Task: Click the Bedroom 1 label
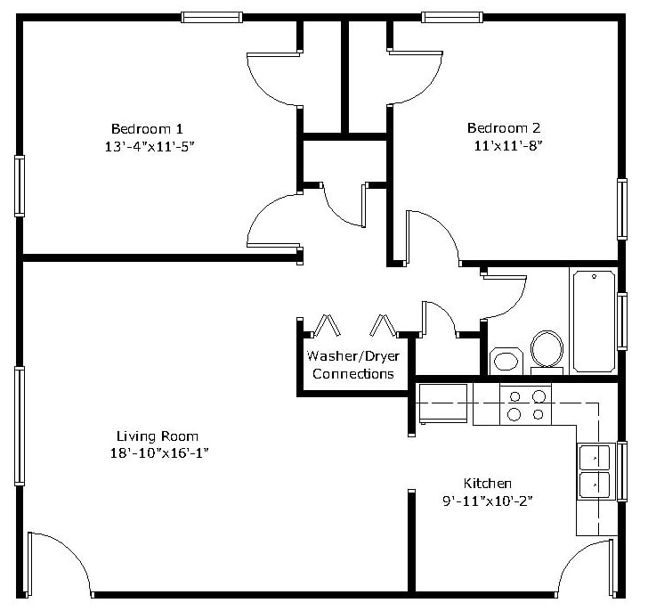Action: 147,128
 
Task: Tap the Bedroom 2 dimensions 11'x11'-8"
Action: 508,145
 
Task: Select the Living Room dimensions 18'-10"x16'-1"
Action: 159,453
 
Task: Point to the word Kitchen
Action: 488,483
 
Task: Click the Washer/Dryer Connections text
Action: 352,364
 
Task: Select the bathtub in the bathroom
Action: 594,322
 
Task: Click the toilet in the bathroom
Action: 547,352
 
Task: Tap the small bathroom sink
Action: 506,361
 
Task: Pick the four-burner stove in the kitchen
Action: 526,404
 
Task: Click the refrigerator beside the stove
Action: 443,403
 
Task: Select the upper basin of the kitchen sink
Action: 595,457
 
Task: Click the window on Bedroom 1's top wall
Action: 212,17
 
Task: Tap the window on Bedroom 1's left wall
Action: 20,186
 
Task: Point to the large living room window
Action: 20,426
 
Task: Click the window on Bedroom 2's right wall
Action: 622,209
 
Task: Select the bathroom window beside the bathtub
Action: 622,322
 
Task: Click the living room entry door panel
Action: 29,565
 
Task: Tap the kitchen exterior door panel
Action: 612,567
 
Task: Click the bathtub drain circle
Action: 595,276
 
